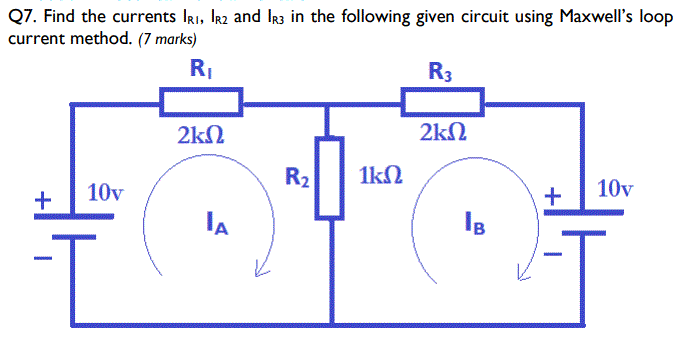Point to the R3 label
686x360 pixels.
coord(440,71)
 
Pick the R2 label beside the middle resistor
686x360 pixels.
coord(297,179)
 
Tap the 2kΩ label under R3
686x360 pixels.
coord(441,133)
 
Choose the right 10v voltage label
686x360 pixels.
coord(614,188)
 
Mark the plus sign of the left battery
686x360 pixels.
coord(42,199)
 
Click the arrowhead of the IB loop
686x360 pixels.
coord(521,269)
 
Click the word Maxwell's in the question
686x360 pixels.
coord(571,17)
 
